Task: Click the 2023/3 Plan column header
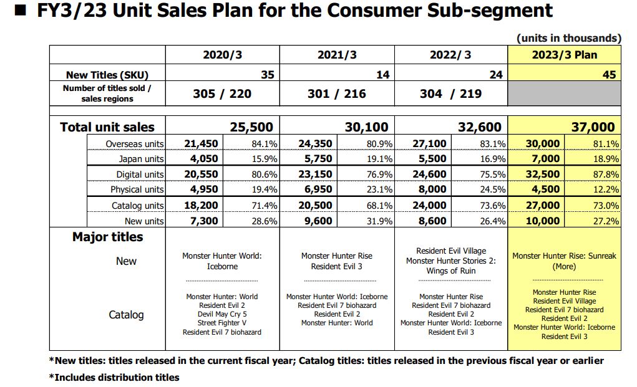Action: tap(564, 55)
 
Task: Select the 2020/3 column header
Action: tap(222, 55)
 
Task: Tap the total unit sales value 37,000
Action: tap(593, 127)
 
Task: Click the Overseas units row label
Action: tap(134, 144)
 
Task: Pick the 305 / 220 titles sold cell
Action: tap(222, 93)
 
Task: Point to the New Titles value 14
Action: tap(382, 75)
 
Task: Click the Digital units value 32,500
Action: tap(542, 174)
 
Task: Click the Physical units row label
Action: tap(137, 189)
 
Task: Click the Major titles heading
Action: tap(107, 237)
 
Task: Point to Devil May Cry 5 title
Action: tap(221, 314)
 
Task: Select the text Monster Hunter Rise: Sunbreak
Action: tap(564, 256)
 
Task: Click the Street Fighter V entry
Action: tap(221, 323)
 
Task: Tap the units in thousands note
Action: tap(568, 38)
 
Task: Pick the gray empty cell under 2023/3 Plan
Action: tap(564, 93)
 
